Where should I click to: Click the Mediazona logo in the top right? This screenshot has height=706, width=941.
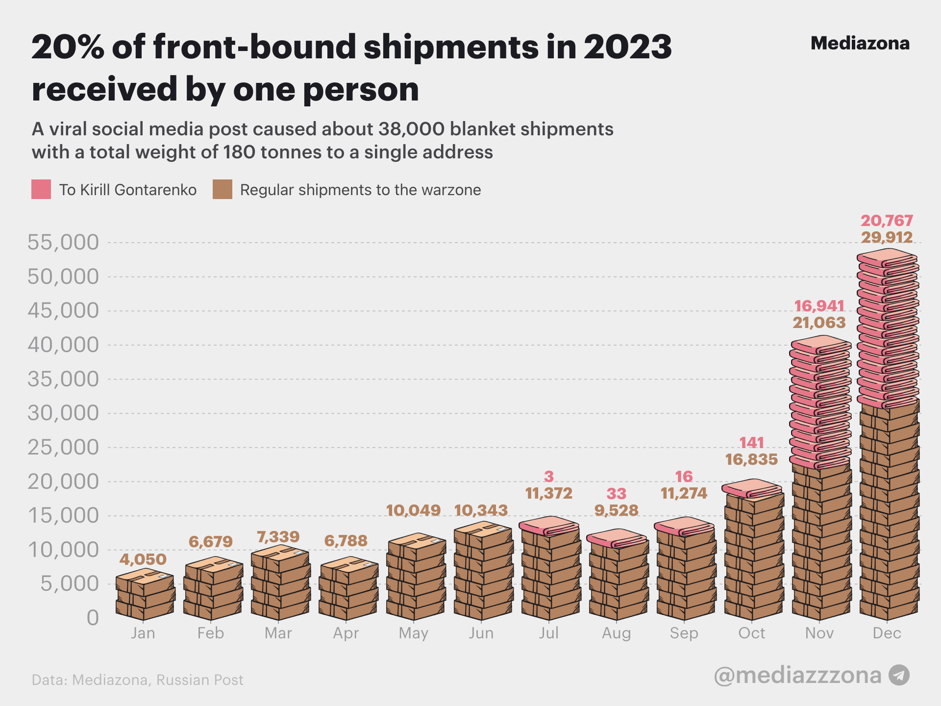pyautogui.click(x=860, y=43)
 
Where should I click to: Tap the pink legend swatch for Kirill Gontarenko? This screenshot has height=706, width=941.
pyautogui.click(x=41, y=189)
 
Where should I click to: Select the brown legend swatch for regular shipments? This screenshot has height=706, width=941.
pyautogui.click(x=222, y=189)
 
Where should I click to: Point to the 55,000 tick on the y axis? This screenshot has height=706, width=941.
pyautogui.click(x=63, y=242)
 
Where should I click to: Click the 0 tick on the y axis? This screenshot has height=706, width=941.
pyautogui.click(x=93, y=618)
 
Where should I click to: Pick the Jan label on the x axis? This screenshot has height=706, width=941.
pyautogui.click(x=143, y=633)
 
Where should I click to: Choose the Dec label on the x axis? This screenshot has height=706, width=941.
pyautogui.click(x=887, y=633)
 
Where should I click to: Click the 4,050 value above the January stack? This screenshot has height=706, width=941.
pyautogui.click(x=143, y=559)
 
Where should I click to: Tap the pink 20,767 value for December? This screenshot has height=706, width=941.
pyautogui.click(x=887, y=221)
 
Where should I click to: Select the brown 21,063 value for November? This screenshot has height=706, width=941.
pyautogui.click(x=819, y=323)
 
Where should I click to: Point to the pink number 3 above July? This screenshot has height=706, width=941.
pyautogui.click(x=548, y=476)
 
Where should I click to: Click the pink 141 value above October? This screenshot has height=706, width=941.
pyautogui.click(x=751, y=443)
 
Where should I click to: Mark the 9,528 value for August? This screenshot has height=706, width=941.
pyautogui.click(x=616, y=510)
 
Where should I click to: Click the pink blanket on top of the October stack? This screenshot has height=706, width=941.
pyautogui.click(x=751, y=488)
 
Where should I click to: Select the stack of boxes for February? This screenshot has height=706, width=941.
pyautogui.click(x=213, y=588)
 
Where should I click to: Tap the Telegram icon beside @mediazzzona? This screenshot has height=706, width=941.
pyautogui.click(x=899, y=675)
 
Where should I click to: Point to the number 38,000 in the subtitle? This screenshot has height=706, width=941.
pyautogui.click(x=412, y=129)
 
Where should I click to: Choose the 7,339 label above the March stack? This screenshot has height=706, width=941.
pyautogui.click(x=278, y=537)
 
